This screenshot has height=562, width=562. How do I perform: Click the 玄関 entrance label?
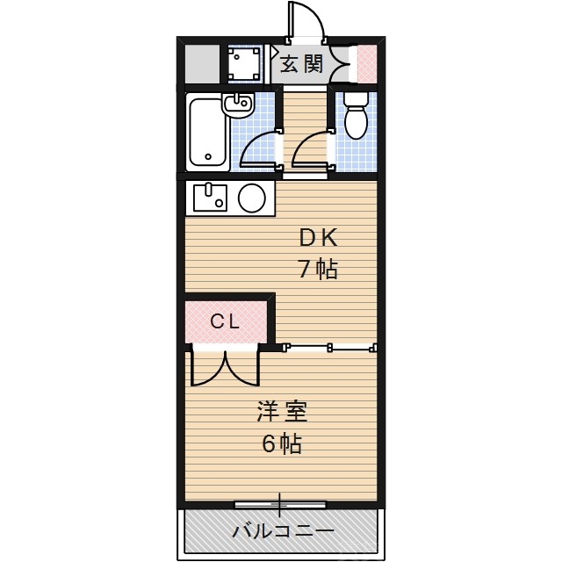click(302, 63)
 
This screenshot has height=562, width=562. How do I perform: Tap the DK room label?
click(318, 237)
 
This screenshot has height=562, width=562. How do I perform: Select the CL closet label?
click(225, 322)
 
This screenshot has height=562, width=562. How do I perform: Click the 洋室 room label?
click(281, 411)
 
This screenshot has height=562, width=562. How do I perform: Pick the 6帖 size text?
click(281, 443)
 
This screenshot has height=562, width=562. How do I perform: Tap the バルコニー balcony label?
click(283, 531)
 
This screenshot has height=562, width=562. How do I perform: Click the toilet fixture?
click(356, 119)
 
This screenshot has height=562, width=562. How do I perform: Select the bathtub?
click(209, 133)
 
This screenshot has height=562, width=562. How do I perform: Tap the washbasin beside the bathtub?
click(238, 105)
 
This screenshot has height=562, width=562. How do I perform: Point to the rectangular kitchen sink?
click(210, 198)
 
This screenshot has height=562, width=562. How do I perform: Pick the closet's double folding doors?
click(225, 367)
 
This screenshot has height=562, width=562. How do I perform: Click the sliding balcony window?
click(280, 505)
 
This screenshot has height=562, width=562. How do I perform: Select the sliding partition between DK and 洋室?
click(331, 347)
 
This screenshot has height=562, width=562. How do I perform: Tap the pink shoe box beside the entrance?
click(368, 62)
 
